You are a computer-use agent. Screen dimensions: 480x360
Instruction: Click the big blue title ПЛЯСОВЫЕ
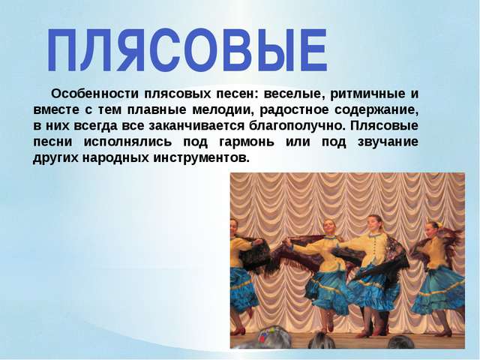point(187,50)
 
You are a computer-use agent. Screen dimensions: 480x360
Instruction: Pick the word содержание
point(376,110)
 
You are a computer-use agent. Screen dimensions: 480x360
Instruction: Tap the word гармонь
point(247,142)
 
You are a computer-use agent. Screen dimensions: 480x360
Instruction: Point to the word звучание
point(388,142)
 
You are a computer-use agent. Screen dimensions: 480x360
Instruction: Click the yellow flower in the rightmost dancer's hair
point(439,224)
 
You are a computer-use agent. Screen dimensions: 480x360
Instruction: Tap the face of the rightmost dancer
point(432,230)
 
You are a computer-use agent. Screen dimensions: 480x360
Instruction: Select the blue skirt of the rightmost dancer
point(438,290)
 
